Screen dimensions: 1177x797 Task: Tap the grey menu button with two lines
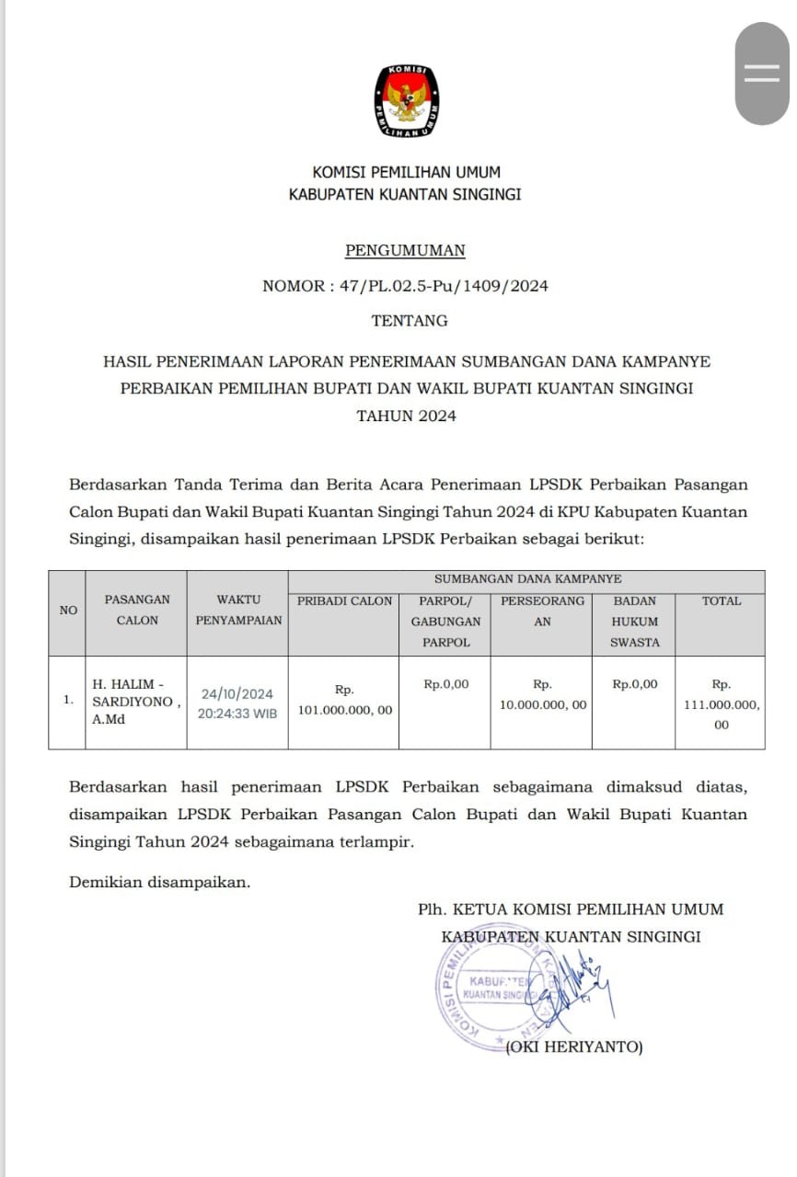761,74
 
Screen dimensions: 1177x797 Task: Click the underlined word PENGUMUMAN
405,250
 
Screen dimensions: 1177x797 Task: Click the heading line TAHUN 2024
406,416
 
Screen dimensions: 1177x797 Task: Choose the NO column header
68,610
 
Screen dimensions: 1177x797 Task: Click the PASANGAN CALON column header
137,610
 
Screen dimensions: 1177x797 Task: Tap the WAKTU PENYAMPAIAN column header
238,610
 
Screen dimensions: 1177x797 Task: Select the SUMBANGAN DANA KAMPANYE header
527,579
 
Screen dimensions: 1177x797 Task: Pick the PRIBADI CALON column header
344,600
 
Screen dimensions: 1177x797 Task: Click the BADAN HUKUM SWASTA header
635,621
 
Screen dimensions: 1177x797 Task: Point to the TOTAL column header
721,600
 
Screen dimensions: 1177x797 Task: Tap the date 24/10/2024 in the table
237,694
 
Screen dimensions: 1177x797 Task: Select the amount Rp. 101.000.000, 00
344,701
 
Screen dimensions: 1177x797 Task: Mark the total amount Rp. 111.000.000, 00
722,704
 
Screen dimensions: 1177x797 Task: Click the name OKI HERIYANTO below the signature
575,1047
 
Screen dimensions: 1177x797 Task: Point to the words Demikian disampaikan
160,882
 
